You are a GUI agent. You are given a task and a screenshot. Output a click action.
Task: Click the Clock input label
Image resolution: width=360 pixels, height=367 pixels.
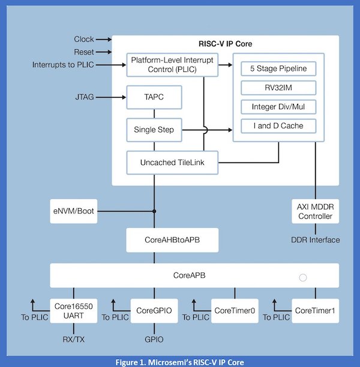coord(83,39)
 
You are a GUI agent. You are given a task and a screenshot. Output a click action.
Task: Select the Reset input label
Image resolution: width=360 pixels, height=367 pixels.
coord(83,52)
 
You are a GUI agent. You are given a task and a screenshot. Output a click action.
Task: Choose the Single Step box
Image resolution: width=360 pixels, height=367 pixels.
coord(154,129)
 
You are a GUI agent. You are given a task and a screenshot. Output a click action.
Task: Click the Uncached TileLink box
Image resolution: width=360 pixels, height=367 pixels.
coord(172,162)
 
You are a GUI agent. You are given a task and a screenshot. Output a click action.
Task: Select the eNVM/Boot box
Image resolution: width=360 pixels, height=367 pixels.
coord(73,211)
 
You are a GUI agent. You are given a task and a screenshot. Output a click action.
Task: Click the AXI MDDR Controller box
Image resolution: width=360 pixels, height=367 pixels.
coord(314,211)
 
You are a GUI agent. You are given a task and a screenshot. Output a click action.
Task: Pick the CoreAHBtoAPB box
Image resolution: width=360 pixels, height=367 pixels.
coord(163,240)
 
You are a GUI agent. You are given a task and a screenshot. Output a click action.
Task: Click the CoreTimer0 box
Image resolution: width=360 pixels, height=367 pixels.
coord(234,310)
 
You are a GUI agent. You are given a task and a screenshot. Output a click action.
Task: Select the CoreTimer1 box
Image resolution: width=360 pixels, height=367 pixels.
coord(315,310)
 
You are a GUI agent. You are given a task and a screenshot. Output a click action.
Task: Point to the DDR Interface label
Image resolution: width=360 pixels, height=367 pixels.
coord(315,240)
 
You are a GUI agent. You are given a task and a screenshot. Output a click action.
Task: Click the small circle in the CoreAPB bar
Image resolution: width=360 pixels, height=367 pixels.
coord(303,278)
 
